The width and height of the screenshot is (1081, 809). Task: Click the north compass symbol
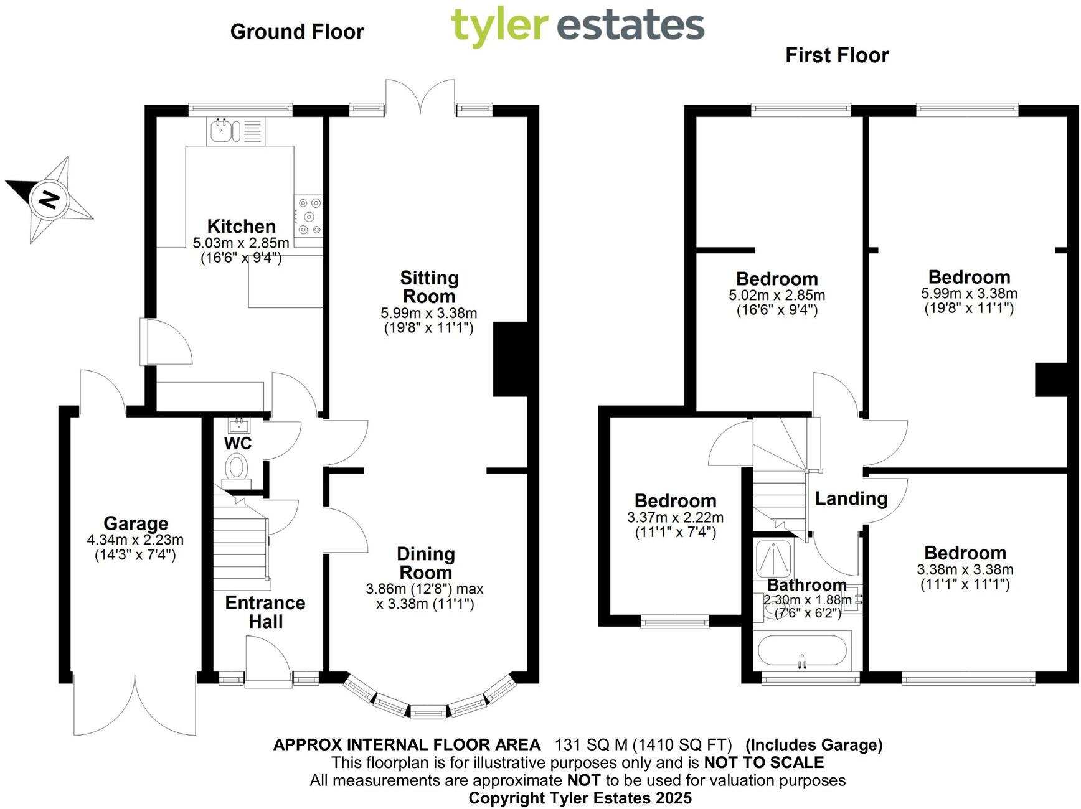coord(49,199)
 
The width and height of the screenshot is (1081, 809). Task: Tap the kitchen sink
coord(224,131)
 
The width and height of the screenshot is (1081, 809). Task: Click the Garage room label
coord(136,523)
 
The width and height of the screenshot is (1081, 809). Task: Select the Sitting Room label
coord(429,287)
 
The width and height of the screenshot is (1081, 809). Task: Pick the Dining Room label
coord(426,563)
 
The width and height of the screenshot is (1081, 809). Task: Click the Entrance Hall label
coord(265,612)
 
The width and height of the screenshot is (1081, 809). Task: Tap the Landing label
coord(851,498)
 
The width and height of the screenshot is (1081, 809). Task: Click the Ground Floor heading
coord(297,32)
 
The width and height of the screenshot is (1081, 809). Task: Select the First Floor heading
coord(837,55)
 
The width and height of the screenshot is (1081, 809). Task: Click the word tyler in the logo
coord(499,27)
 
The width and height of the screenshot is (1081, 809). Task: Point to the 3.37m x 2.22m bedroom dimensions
coord(676,517)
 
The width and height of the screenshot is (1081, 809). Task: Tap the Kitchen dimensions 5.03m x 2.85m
coord(241,243)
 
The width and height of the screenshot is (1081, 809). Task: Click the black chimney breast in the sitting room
coord(511,359)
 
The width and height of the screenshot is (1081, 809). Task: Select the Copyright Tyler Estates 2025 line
coord(580,798)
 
